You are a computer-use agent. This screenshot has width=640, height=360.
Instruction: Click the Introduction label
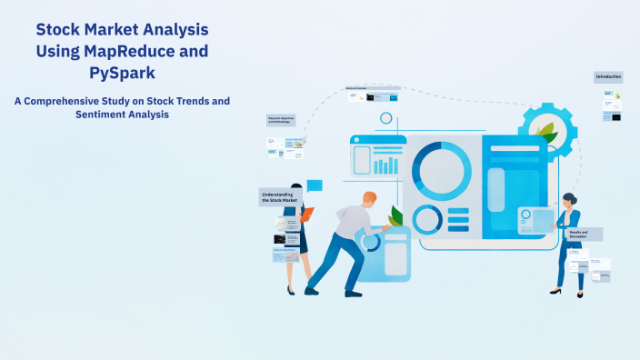pos(608,77)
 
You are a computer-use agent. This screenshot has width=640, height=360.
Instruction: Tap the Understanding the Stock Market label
pos(279,196)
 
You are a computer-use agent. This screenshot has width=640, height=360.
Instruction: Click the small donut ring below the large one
pos(427,219)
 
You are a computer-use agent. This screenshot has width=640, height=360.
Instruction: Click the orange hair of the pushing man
pos(368,197)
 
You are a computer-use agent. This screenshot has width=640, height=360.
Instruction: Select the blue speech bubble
pos(315,185)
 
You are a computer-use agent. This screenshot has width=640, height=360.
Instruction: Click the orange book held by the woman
pos(307,214)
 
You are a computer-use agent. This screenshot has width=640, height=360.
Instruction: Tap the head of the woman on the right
pos(569,198)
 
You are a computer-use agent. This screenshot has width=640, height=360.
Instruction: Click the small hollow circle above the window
pos(386,118)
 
